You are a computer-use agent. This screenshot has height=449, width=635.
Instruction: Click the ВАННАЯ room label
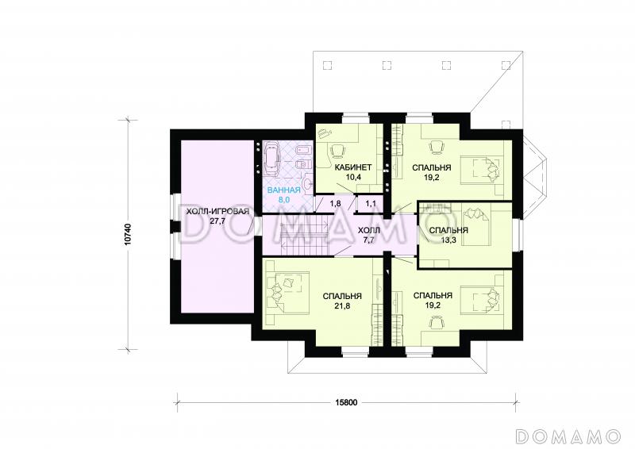coord(283,190)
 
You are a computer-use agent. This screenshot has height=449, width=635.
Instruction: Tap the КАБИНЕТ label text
coord(353,167)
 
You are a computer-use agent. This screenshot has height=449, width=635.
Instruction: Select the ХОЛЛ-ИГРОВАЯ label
coord(217,212)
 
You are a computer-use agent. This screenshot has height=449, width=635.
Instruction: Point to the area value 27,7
coord(217,221)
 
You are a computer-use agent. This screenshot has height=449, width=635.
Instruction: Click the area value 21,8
coord(342,306)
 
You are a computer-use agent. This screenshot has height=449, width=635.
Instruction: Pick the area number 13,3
coord(448,240)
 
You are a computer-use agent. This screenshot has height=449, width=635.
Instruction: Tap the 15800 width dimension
coord(346,402)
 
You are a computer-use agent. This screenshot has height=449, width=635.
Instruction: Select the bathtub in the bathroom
coord(271,159)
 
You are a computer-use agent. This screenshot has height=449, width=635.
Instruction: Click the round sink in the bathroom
coord(308,184)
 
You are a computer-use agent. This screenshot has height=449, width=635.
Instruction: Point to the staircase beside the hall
coord(304,236)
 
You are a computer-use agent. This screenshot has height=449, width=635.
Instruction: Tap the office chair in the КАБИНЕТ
coord(338,150)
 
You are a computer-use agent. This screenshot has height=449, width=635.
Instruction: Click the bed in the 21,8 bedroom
coord(287,289)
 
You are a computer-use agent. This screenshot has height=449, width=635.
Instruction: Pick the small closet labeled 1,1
coord(370,204)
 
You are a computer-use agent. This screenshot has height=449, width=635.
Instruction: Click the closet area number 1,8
coord(335,204)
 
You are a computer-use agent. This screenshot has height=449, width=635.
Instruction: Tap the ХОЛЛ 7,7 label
coord(369,236)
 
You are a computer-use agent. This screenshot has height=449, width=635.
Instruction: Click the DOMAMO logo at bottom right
coord(568,436)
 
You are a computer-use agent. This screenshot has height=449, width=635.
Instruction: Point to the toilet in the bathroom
coord(303,165)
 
